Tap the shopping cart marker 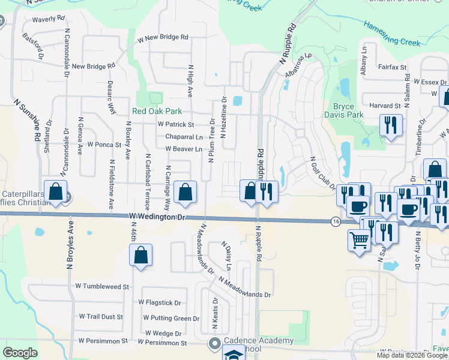[x=359, y=240]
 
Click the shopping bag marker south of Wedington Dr [x=140, y=255]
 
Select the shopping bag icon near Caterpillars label [x=55, y=192]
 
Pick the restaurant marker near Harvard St [x=391, y=125]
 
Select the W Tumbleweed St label [x=102, y=287]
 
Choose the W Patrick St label [x=175, y=125]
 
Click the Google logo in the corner [x=20, y=353]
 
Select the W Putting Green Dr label [x=171, y=318]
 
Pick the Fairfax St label [x=393, y=67]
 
